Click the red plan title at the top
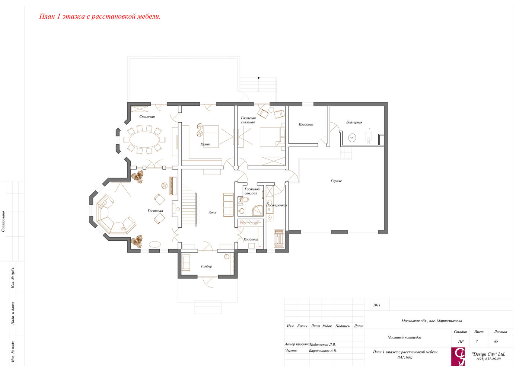coord(100,16)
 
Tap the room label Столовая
coord(147,117)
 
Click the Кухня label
coord(205,144)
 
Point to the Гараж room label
coord(336,181)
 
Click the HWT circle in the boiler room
coord(352,138)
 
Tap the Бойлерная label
coord(354,122)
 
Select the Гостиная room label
coord(155,211)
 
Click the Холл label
coord(212,212)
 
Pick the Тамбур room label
coord(206,266)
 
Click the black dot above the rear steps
coord(259,78)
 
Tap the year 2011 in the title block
coord(377,305)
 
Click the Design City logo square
coord(458,356)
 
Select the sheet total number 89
coord(496,341)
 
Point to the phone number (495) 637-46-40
coord(488,359)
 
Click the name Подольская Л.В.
coord(322,344)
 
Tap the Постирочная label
coord(277,205)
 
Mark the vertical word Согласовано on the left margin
coord(3,221)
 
